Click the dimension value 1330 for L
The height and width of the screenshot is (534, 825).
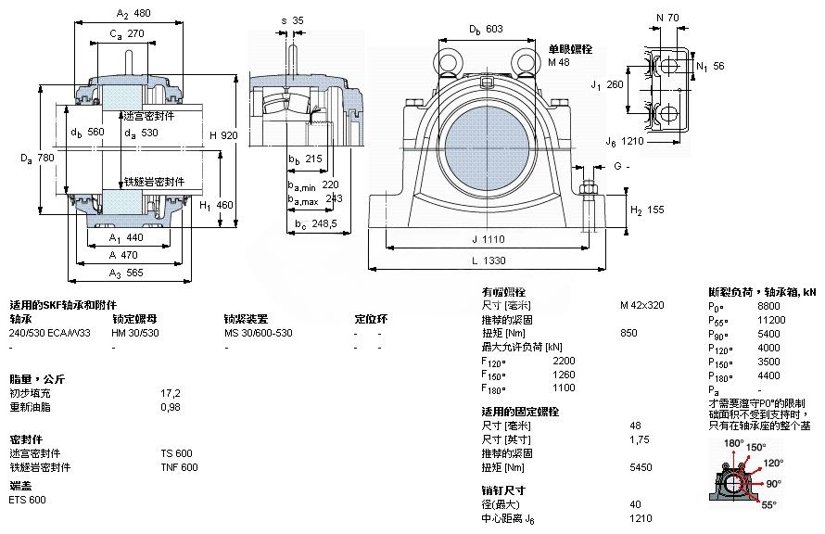[506, 261]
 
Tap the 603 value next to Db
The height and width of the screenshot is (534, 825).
[494, 29]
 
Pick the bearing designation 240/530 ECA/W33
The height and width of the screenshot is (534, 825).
[50, 333]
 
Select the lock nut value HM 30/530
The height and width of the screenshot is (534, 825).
[134, 333]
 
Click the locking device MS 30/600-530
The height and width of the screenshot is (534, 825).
[259, 333]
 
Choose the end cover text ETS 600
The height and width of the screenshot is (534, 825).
[27, 500]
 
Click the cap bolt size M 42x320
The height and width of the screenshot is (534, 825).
[641, 305]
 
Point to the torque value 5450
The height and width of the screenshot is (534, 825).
[640, 467]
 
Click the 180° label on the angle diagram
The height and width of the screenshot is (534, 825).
[733, 444]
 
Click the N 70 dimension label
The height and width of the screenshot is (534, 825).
[666, 18]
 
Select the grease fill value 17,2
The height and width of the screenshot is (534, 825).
[169, 393]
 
